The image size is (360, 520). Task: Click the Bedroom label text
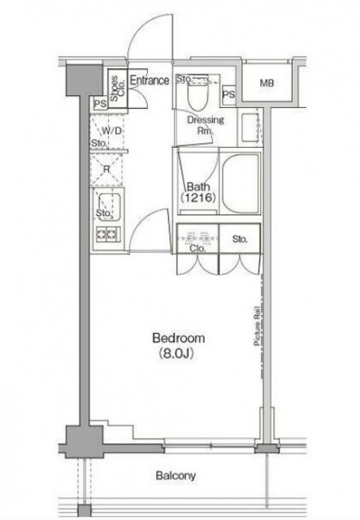pos(179,338)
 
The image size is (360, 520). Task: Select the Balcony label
pos(176,476)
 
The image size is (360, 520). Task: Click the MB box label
pos(267,83)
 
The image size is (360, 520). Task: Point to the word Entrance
pos(150,80)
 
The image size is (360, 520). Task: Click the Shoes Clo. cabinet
pos(118,89)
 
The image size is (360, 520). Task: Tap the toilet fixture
pos(197,92)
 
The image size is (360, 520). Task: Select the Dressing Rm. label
pos(206,124)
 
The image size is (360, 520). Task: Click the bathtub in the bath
pos(241,183)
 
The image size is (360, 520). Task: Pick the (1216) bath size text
pos(198,198)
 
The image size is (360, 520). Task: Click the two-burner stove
pos(109,234)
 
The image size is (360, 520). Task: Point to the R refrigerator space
pos(106,170)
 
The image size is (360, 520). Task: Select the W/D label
pos(111,131)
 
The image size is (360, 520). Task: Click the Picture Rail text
pos(257,326)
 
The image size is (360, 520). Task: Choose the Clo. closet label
pos(197,249)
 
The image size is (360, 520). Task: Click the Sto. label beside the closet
pos(240,239)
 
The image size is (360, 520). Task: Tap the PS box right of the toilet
pos(228,94)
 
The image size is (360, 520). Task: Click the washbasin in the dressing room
pos(250,128)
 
